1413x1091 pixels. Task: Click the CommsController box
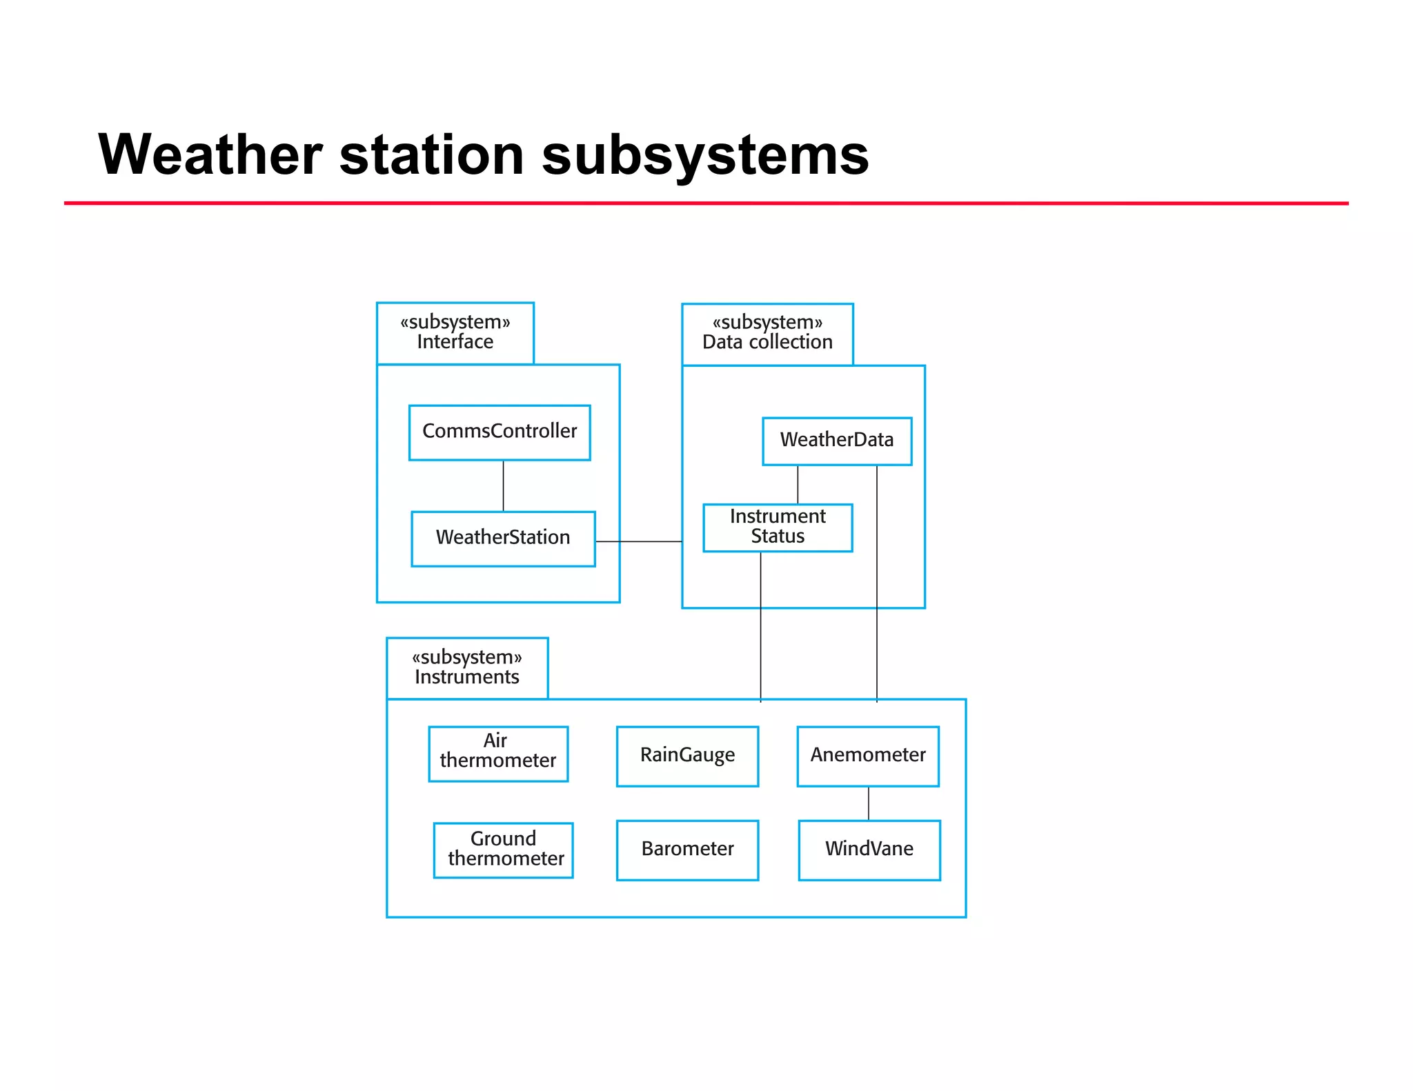tap(500, 432)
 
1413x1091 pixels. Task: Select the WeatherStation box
tap(503, 539)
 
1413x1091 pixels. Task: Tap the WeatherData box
tap(836, 441)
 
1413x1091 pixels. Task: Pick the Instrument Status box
tap(777, 528)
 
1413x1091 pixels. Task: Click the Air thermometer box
tap(497, 753)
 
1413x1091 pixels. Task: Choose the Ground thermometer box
tap(503, 850)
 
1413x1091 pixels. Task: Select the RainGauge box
tap(687, 756)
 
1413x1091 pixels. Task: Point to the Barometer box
tap(687, 850)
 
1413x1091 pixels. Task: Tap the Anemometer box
tap(867, 756)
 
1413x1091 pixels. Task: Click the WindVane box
tap(869, 850)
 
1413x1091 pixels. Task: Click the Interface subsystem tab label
tap(455, 333)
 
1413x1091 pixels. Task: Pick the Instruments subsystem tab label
tap(467, 668)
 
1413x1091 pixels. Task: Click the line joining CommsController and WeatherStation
tap(503, 486)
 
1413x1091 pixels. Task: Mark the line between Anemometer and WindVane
tap(868, 803)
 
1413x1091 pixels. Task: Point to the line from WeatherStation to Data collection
tap(638, 541)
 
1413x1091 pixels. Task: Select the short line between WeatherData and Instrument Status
tap(798, 484)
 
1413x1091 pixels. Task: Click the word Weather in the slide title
tap(210, 154)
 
